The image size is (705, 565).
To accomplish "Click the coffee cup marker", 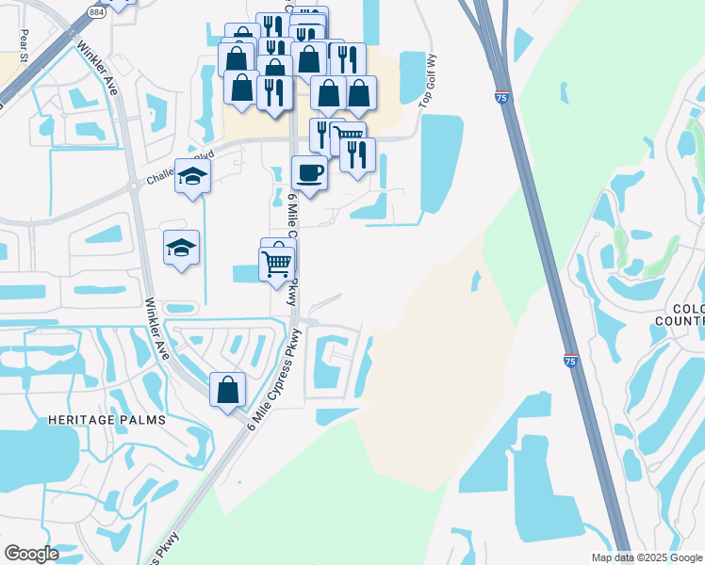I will point(309,172).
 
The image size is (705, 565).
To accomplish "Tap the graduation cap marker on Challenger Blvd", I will point(192,176).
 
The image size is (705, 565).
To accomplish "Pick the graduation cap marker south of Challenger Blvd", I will point(181,248).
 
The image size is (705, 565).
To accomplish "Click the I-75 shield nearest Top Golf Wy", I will point(502,96).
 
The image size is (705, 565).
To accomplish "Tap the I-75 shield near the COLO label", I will point(571,360).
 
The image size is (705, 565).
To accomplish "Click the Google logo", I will point(32,553).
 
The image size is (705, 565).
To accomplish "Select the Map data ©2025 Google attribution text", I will point(647,557).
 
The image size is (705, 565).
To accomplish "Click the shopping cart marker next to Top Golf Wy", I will point(350,138).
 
